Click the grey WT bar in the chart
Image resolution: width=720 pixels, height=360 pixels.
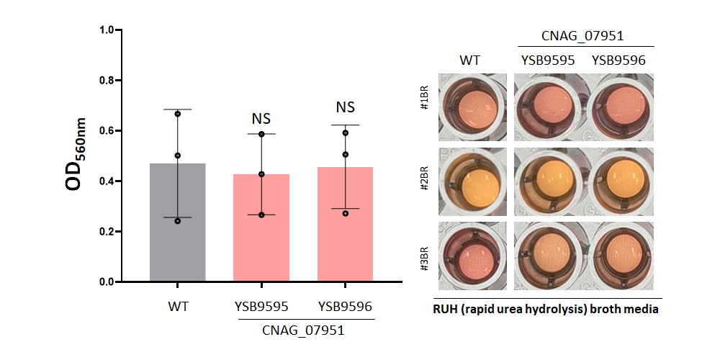(178, 222)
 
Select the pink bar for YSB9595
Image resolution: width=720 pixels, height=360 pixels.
(261, 228)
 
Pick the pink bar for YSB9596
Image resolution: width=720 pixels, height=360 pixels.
(345, 224)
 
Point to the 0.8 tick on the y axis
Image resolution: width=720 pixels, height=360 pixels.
(118, 81)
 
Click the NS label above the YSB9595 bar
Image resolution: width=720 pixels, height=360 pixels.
(261, 120)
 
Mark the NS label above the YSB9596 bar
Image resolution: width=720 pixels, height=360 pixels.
(346, 107)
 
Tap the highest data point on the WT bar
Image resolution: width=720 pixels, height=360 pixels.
(178, 114)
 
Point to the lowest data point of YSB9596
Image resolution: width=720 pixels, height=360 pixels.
(346, 214)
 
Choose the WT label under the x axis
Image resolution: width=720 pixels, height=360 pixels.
(178, 307)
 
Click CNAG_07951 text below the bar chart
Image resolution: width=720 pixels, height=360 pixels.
(304, 330)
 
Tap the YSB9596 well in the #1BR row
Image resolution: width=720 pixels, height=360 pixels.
(619, 107)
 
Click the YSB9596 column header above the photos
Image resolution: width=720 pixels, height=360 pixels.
(618, 60)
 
